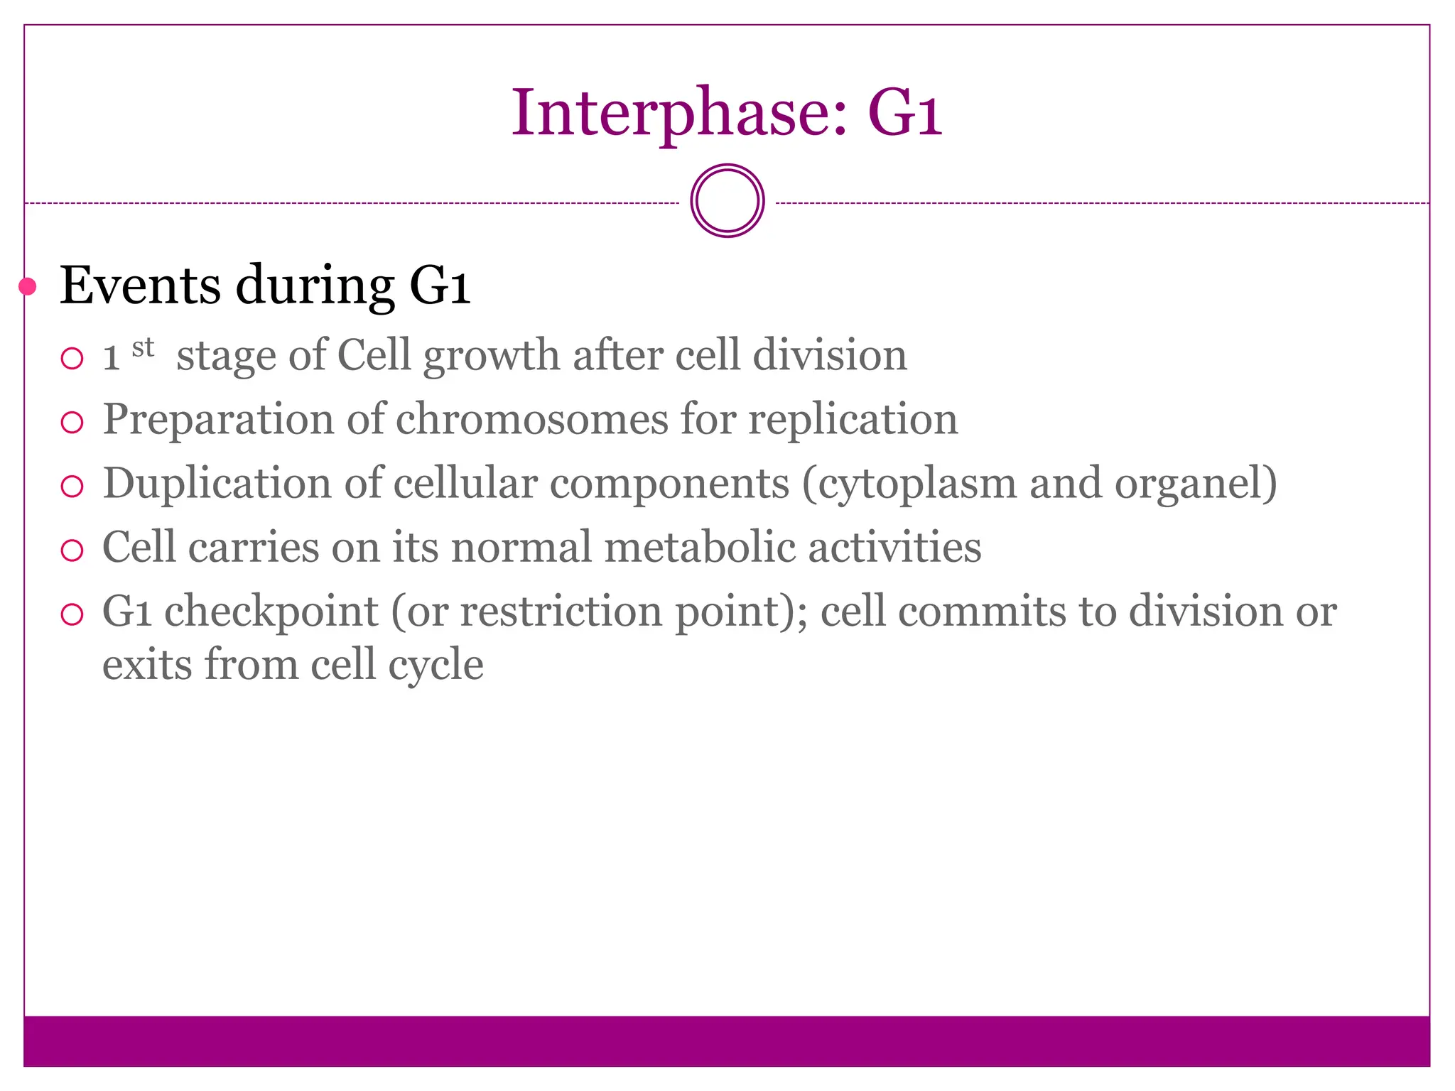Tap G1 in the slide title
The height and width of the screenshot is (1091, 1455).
pyautogui.click(x=904, y=114)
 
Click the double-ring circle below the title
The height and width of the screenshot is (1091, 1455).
pyautogui.click(x=727, y=201)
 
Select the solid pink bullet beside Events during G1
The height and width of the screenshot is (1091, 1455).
pyautogui.click(x=28, y=287)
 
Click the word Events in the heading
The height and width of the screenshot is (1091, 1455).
pyautogui.click(x=140, y=286)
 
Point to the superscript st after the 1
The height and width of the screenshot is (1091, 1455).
pyautogui.click(x=143, y=347)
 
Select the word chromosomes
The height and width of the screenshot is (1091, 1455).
pyautogui.click(x=531, y=419)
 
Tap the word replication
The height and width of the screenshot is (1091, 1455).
pyautogui.click(x=853, y=419)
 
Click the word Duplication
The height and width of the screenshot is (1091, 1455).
pyautogui.click(x=217, y=483)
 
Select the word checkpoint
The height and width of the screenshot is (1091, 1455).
pyautogui.click(x=271, y=612)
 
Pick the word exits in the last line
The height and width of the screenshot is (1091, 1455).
pyautogui.click(x=147, y=665)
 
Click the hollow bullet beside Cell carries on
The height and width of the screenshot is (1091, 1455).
pyautogui.click(x=72, y=550)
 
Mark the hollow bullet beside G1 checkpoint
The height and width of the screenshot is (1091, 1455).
pyautogui.click(x=72, y=614)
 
